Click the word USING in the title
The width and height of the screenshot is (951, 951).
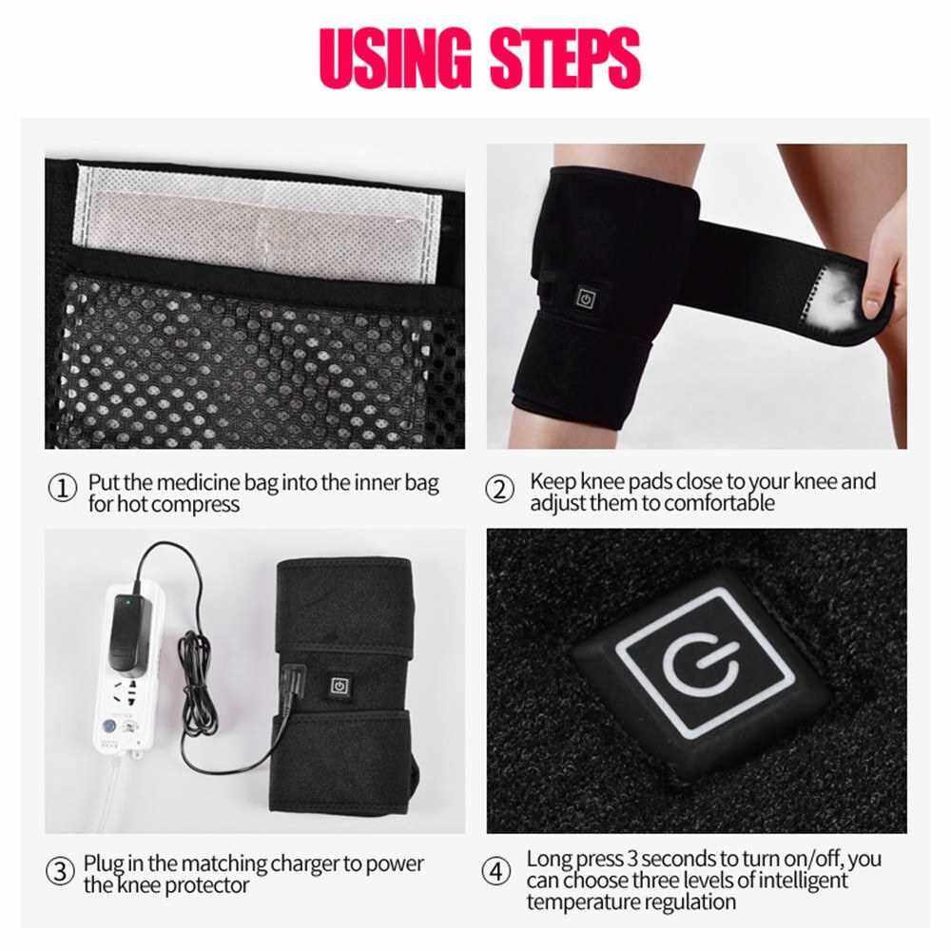(396, 58)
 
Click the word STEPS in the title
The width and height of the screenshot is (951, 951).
(565, 58)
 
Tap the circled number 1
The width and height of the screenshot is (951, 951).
(63, 489)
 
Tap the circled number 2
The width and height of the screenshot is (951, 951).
(500, 489)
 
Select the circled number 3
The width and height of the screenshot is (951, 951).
(61, 872)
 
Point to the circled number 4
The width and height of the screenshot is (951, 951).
(496, 872)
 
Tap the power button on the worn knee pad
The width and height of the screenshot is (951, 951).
(586, 299)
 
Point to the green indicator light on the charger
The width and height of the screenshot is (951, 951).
(128, 603)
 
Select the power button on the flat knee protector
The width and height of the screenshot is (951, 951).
(340, 686)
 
